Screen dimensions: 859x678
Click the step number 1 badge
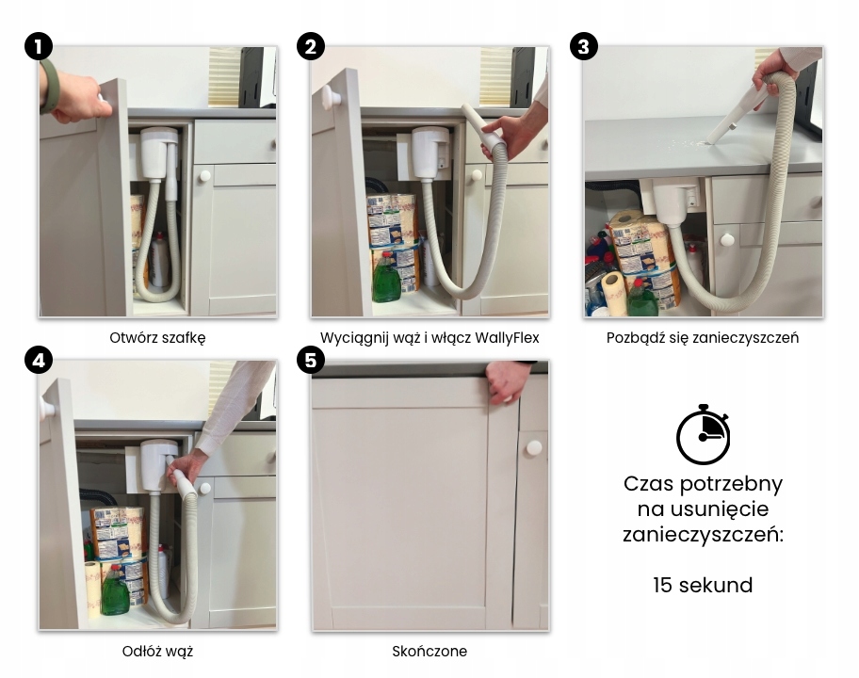[x=39, y=46]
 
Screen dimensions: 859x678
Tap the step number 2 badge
[x=311, y=46]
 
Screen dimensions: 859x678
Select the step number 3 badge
[x=583, y=46]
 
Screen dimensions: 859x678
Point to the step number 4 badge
[x=39, y=360]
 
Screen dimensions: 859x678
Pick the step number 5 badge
[x=311, y=360]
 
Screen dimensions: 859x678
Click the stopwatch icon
[x=703, y=435]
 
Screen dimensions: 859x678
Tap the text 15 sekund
[x=703, y=585]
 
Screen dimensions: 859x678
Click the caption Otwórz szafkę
[x=157, y=338]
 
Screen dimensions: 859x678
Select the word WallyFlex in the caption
[x=507, y=337]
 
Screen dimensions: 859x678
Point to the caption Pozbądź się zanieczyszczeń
[x=703, y=338]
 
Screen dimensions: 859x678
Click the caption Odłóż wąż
[x=157, y=652]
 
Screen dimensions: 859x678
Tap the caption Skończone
[x=429, y=652]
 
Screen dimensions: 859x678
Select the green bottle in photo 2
[x=386, y=277]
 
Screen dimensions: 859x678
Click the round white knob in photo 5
[x=534, y=447]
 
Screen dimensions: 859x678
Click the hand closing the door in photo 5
[x=507, y=381]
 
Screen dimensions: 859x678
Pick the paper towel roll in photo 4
[x=92, y=589]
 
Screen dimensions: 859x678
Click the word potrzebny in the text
[x=731, y=485]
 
